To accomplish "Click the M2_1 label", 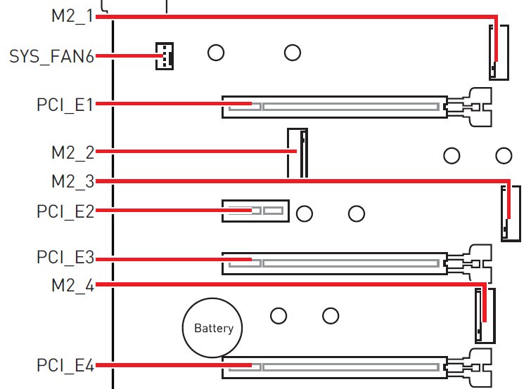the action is click(72, 16).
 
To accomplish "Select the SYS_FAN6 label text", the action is click(51, 56).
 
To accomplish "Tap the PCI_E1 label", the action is click(65, 105).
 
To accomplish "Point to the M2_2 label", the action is click(73, 153).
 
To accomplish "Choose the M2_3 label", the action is click(73, 181).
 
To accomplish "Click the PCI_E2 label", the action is click(65, 211).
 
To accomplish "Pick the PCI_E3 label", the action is click(65, 257).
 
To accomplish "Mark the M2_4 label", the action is click(73, 286).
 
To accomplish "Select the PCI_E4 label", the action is click(65, 365).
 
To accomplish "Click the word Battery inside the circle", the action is click(214, 328).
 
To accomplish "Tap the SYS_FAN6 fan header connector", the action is click(165, 56).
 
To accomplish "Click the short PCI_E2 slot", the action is click(256, 211).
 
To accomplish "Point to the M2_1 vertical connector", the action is click(499, 53).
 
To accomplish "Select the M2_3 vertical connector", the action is click(511, 213).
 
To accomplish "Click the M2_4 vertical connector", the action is click(485, 316).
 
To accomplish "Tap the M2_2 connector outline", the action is click(298, 153).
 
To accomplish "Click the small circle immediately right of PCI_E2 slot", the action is click(305, 213).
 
